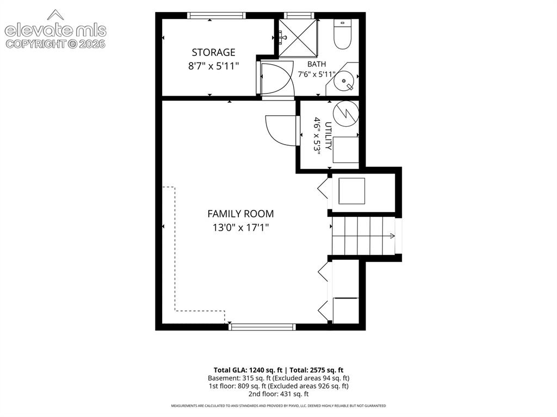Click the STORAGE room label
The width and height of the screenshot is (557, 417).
pyautogui.click(x=213, y=53)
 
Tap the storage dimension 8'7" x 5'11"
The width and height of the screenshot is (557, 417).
pyautogui.click(x=213, y=66)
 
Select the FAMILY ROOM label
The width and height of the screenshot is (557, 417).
pyautogui.click(x=240, y=214)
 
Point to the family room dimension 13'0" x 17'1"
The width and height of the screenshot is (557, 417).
pyautogui.click(x=240, y=227)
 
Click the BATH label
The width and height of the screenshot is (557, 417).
pyautogui.click(x=317, y=64)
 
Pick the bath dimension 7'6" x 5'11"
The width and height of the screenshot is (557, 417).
pyautogui.click(x=317, y=74)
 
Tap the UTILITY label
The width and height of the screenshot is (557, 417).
pyautogui.click(x=328, y=136)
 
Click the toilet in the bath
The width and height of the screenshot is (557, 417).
pyautogui.click(x=343, y=34)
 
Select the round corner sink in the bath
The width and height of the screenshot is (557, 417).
pyautogui.click(x=344, y=81)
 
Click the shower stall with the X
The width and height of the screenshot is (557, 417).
pyautogui.click(x=298, y=38)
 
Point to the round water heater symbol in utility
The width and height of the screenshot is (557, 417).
pyautogui.click(x=345, y=114)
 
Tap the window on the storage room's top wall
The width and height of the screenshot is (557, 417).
pyautogui.click(x=216, y=15)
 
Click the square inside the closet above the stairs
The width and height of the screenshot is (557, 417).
pyautogui.click(x=352, y=191)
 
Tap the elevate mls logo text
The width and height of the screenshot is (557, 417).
pyautogui.click(x=55, y=31)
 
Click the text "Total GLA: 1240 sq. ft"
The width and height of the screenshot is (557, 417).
pyautogui.click(x=248, y=370)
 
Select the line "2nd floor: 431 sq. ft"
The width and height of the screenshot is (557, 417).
pyautogui.click(x=278, y=394)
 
